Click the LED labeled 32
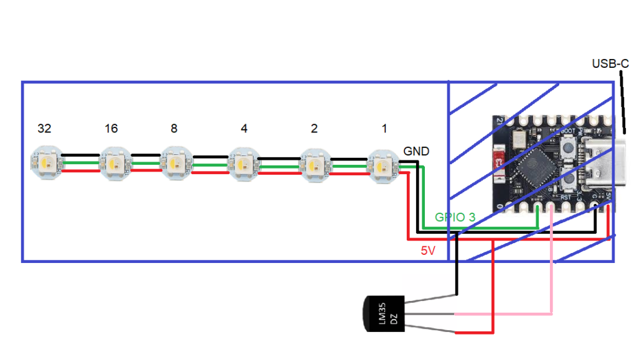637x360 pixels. [x=46, y=163]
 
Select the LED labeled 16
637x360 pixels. [x=115, y=164]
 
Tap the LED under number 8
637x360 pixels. [x=176, y=164]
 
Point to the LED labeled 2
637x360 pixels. [x=315, y=165]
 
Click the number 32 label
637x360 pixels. [x=44, y=129]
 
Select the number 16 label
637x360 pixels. [x=111, y=129]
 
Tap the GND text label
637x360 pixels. [x=416, y=151]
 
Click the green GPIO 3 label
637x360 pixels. [x=455, y=217]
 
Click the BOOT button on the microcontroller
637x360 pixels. [x=567, y=148]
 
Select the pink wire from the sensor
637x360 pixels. [x=551, y=261]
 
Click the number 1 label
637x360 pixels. [x=384, y=129]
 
